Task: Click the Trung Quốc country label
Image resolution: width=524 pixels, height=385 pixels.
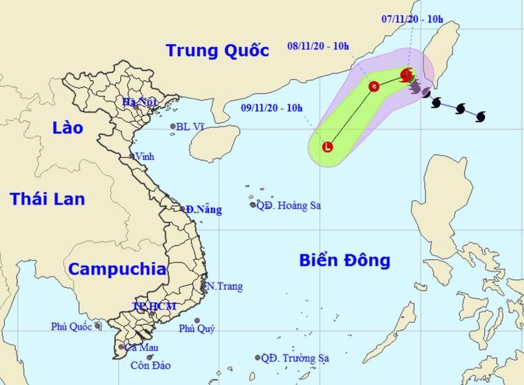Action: [217, 50]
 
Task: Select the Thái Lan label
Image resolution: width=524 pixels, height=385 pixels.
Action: [48, 199]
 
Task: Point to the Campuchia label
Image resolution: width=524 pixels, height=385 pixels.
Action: [117, 269]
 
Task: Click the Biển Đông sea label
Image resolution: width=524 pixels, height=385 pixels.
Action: [344, 261]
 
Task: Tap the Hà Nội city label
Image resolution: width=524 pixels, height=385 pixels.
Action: [138, 103]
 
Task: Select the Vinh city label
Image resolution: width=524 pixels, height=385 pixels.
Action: [145, 156]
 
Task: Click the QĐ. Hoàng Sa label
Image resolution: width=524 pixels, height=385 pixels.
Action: [288, 205]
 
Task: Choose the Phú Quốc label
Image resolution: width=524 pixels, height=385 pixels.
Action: [71, 326]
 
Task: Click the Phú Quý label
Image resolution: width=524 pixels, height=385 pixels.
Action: [197, 329]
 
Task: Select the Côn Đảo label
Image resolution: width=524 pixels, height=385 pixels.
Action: [150, 365]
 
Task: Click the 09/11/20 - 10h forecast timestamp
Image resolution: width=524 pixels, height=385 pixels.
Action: [272, 108]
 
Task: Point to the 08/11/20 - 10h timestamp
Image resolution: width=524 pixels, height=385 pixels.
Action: [318, 47]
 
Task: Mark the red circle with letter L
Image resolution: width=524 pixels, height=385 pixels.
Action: [328, 147]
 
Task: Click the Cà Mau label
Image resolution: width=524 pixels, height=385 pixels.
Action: [143, 347]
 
